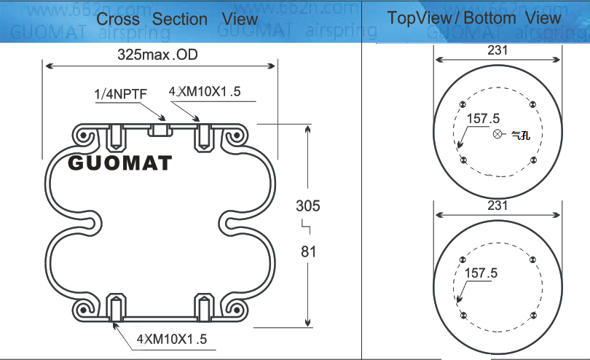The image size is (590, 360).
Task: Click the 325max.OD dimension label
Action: coord(157,55)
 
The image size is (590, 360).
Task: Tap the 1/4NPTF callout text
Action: coord(120,94)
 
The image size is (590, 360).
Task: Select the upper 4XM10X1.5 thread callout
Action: coord(205,91)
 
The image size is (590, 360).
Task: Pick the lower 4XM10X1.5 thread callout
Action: coord(172,339)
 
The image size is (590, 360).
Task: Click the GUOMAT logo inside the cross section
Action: coord(119,163)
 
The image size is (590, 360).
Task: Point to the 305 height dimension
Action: coord(308,206)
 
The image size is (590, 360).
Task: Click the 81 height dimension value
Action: coord(309,251)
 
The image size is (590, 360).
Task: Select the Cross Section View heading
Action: coord(177,19)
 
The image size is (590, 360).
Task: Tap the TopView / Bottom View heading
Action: coord(474,17)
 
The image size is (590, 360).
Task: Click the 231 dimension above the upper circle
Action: coord(497,50)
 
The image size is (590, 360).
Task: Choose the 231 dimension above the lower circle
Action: coord(497,206)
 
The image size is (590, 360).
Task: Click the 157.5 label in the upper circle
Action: coord(483,119)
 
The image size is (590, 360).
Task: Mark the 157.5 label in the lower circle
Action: coord(481,273)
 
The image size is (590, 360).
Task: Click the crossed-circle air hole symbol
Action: coord(497,133)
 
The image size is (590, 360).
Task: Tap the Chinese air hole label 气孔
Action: coord(521,136)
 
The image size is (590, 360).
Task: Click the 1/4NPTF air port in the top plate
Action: coord(160,130)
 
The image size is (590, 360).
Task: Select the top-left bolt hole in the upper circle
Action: coord(463,104)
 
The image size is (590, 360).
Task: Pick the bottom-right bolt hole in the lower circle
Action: coord(533,316)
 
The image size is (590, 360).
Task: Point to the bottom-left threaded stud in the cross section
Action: coord(117,308)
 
